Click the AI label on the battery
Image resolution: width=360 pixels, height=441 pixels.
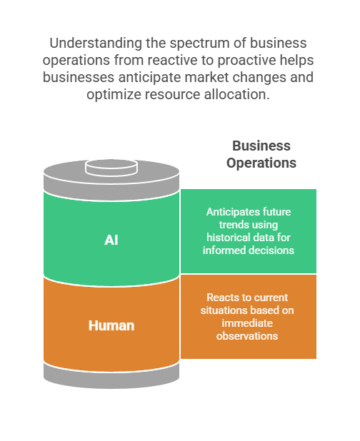pos(111,240)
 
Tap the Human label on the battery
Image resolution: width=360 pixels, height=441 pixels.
pos(111,325)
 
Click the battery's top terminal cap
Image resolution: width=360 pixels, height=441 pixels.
pos(111,168)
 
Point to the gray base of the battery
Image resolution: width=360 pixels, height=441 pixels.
pos(111,376)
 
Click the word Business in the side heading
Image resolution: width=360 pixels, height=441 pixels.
pos(261,146)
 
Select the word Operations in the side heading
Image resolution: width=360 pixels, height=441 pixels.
pos(261,163)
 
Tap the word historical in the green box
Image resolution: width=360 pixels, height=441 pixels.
pos(226,238)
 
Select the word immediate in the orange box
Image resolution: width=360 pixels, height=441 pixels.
pos(247,323)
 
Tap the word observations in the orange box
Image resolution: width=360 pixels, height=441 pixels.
pos(247,336)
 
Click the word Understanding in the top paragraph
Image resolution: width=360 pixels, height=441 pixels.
pos(96,44)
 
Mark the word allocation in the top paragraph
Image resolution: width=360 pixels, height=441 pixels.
pos(236,94)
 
